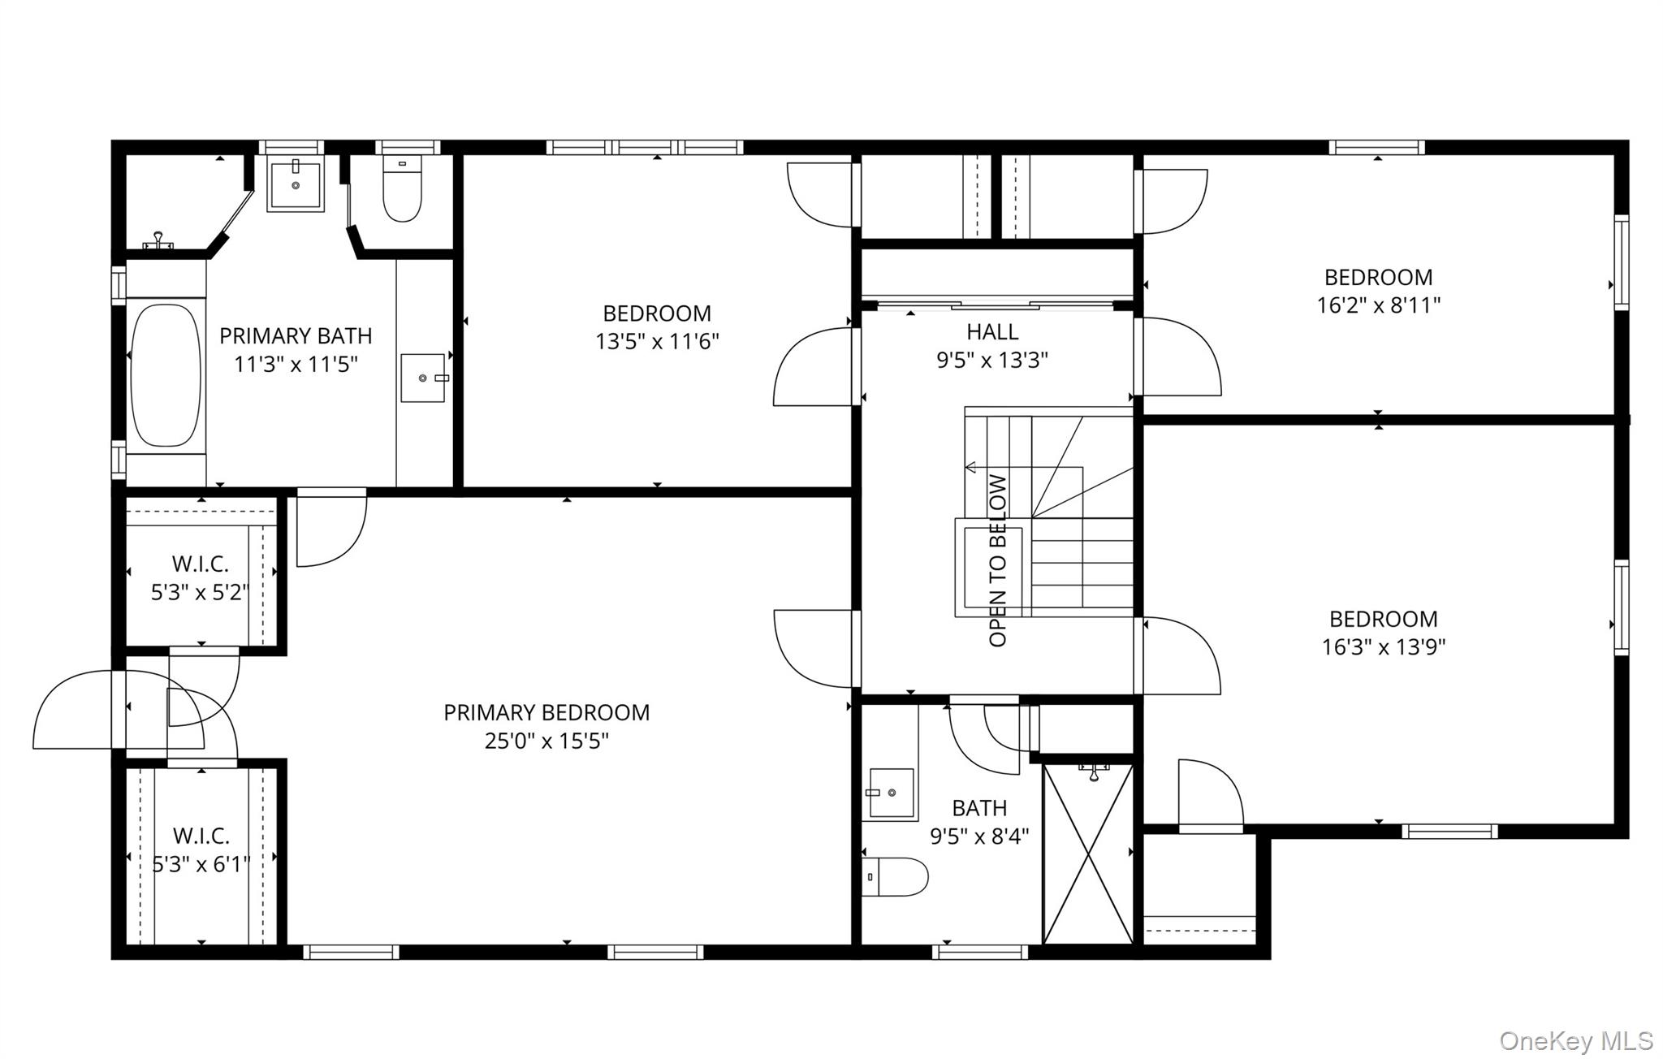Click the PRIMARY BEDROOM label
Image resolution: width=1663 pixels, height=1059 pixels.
pos(546,712)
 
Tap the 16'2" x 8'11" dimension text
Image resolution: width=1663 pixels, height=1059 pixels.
pos(1378,305)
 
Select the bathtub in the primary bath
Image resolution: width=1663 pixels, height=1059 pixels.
pos(166,375)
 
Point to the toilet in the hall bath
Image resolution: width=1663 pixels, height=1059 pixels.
pos(896,877)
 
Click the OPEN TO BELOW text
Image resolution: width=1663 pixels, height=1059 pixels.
pos(998,560)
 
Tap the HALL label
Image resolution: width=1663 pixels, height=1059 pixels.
pos(992,331)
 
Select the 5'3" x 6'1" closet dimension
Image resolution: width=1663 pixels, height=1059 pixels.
pos(201,864)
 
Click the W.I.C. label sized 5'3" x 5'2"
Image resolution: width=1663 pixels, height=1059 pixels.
pos(200,564)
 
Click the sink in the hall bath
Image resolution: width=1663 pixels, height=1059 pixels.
pos(892,793)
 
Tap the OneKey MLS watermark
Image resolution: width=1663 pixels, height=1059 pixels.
pos(1575,1040)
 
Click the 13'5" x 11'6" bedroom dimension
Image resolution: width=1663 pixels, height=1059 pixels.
pos(657,341)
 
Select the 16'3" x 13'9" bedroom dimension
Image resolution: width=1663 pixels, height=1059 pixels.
pos(1383,647)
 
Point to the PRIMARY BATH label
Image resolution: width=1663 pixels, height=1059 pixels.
pos(296,335)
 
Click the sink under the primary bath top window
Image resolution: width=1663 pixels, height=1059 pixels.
pos(296,185)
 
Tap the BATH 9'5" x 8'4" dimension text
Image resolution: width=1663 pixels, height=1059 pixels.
pos(979,836)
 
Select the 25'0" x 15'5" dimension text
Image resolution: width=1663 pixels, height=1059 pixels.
pos(546,741)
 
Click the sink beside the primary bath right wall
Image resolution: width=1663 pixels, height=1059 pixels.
pos(423,378)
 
